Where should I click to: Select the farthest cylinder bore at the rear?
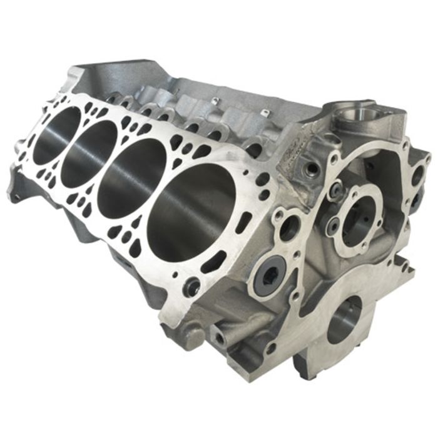tap(56, 135)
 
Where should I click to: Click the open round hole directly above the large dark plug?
tap(288, 229)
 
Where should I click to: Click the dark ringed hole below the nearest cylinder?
tap(192, 287)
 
